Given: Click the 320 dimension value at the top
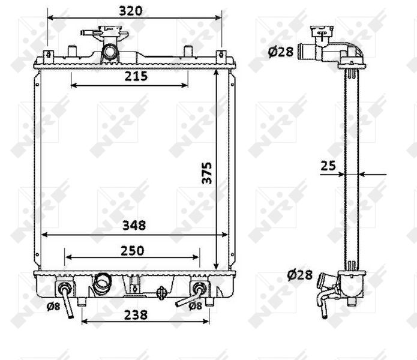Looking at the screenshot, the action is pos(131,11).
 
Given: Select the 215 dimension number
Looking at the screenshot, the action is pos(136,76).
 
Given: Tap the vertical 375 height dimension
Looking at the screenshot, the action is pos(206,173).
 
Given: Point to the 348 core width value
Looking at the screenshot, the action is pos(134,225).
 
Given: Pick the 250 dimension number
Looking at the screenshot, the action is pos(132,250).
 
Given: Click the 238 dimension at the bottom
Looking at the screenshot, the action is pos(136,315).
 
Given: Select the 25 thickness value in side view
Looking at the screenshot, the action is pos(328,166).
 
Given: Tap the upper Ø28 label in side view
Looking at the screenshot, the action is pos(281,52).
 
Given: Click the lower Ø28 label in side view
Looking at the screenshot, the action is pos(300,275).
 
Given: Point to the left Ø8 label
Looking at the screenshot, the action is pos(53,306).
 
